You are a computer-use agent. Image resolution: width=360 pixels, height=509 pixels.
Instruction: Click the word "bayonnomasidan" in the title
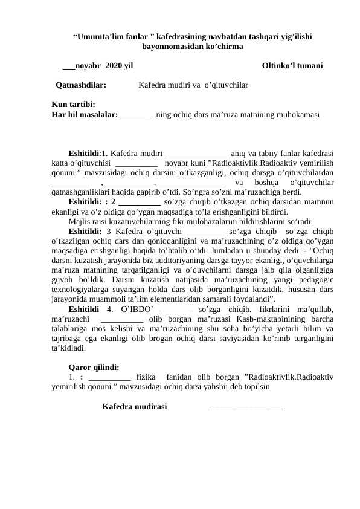172,46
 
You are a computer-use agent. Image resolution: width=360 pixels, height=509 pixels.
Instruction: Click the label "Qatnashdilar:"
81,85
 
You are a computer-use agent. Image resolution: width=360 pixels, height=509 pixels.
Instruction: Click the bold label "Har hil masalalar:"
85,113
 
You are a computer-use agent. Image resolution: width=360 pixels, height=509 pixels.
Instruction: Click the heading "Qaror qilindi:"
94,366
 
